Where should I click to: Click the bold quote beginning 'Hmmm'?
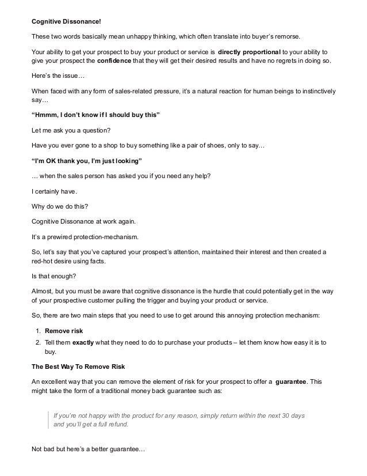tap(95, 115)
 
